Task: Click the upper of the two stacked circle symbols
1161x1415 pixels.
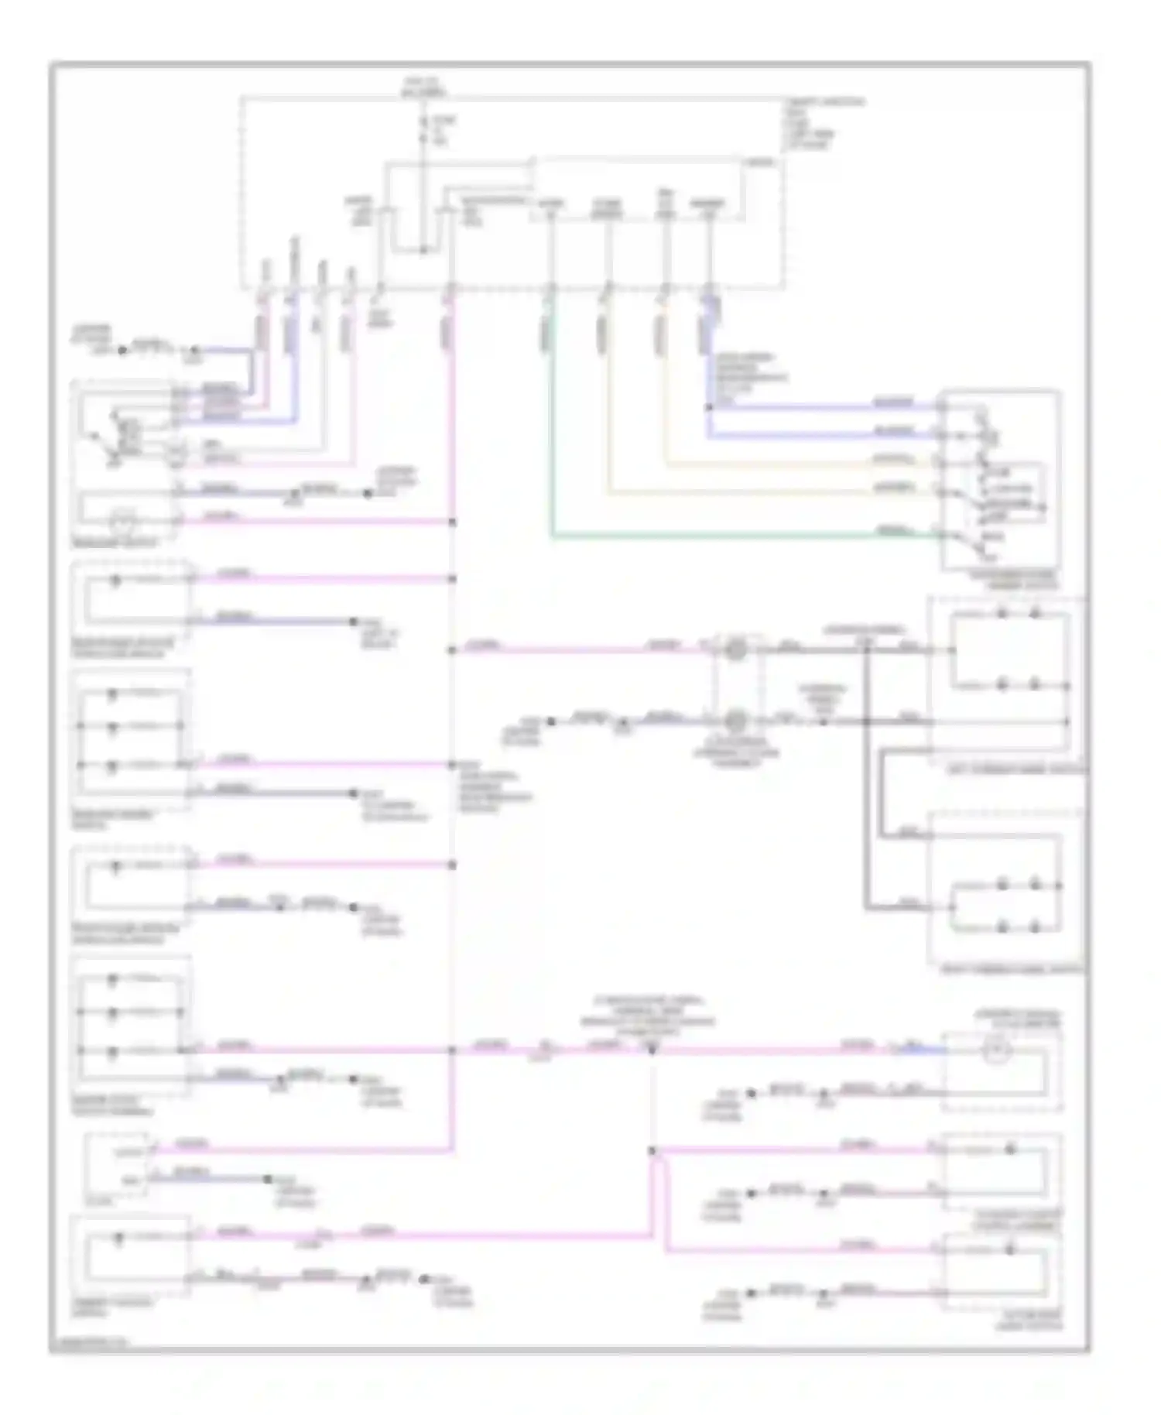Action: click(x=737, y=649)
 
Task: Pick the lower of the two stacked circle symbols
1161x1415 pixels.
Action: click(x=737, y=721)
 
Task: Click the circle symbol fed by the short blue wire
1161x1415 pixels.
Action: click(x=997, y=1051)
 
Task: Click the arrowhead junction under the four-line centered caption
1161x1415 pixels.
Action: click(x=652, y=1050)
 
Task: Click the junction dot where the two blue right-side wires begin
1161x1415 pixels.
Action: click(x=707, y=407)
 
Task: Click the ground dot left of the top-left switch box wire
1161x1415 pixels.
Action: click(x=122, y=350)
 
